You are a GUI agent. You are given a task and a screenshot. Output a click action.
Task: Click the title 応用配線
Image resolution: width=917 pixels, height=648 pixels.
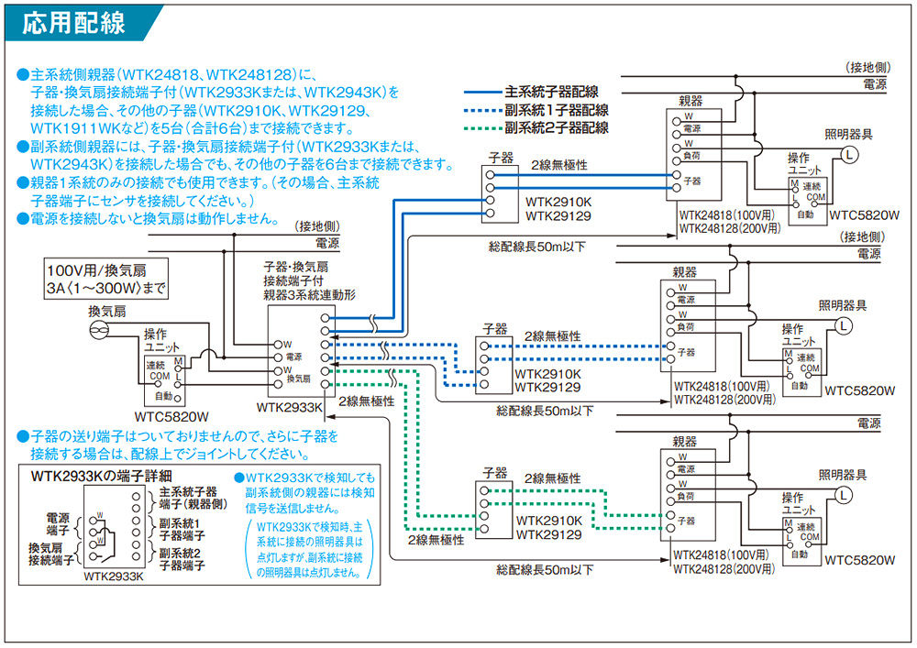point(73,22)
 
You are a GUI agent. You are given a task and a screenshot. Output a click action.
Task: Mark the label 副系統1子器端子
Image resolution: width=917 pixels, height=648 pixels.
point(188,529)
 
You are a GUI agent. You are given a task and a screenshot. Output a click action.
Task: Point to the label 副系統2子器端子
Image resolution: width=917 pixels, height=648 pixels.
point(188,559)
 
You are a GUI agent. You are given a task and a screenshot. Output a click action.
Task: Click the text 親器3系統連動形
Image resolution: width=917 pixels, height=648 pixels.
point(309,295)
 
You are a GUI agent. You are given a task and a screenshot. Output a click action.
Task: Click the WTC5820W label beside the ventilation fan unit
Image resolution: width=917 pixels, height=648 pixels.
point(166,414)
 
